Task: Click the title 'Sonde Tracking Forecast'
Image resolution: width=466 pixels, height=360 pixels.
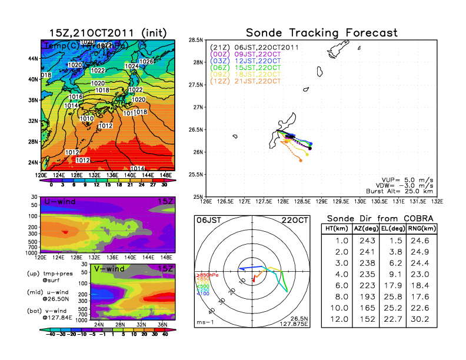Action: (321, 32)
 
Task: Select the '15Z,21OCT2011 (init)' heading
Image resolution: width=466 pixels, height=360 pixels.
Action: (108, 32)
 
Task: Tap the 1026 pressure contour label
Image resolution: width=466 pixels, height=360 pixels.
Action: (147, 62)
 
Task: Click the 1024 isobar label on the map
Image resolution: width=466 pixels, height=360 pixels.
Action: (132, 67)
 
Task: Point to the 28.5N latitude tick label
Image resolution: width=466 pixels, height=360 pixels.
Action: (196, 40)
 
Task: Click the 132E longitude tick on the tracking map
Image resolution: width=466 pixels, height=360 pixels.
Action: (437, 202)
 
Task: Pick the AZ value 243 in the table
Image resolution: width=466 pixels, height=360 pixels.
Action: (366, 240)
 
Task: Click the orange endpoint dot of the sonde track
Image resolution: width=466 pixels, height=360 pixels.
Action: (301, 159)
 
